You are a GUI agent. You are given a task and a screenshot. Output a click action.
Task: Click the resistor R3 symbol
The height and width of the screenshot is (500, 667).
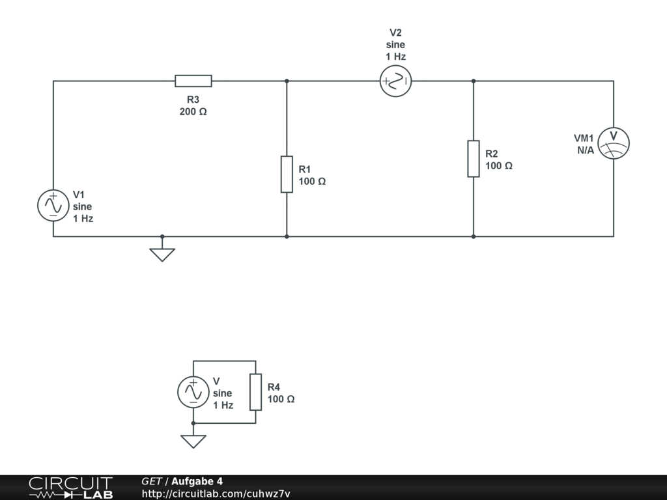(193, 81)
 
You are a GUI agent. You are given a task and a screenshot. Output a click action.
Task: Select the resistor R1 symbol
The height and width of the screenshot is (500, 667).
(287, 174)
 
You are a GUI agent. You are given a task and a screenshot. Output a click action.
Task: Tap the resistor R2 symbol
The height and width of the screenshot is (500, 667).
(474, 158)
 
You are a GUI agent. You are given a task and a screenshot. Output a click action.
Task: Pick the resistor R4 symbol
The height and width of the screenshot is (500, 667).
(255, 392)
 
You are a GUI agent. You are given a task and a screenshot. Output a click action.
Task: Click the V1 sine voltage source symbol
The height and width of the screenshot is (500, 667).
(53, 206)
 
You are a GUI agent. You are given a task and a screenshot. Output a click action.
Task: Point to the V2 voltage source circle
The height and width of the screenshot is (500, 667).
(395, 81)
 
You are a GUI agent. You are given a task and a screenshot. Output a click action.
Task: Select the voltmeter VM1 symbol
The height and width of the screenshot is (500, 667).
(614, 143)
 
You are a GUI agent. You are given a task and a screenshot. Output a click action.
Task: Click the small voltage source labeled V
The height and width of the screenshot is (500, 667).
(193, 392)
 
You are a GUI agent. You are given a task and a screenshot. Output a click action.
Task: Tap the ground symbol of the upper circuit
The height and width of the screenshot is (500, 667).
(162, 254)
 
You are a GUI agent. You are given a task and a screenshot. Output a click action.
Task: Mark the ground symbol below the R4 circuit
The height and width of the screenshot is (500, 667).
(193, 441)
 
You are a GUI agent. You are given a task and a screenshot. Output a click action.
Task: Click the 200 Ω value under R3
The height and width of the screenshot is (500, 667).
(193, 111)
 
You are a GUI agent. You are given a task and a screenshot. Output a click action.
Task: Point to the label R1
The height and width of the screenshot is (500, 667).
(305, 169)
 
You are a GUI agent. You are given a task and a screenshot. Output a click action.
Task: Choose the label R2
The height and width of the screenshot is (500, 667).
(492, 154)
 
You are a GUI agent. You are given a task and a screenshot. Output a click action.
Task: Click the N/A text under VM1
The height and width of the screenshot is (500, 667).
(585, 150)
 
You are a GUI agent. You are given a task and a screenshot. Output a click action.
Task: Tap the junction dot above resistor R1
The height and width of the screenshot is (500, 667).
(287, 81)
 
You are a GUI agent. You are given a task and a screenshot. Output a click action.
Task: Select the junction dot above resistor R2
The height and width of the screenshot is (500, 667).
(474, 81)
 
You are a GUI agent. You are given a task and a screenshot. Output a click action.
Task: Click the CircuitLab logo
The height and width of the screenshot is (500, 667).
(70, 487)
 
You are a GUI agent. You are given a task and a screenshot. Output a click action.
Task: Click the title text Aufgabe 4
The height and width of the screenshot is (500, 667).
(197, 481)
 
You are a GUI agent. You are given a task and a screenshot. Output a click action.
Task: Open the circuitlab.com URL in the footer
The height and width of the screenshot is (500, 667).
(216, 493)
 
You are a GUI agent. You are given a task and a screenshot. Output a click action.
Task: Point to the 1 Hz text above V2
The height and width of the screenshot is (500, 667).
(395, 57)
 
